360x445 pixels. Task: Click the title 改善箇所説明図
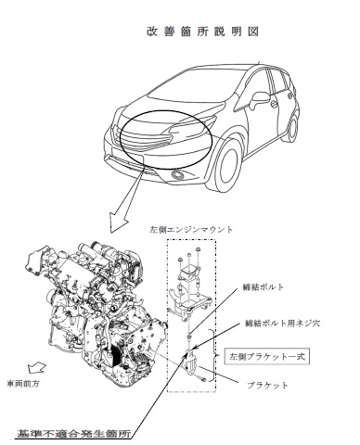coord(200,32)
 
